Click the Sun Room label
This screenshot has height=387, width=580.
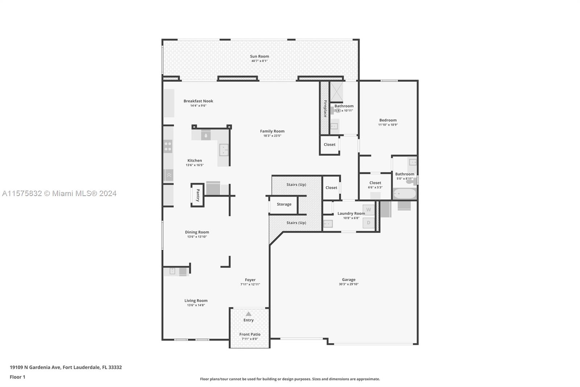pyautogui.click(x=259, y=56)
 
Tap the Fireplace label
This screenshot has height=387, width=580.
pyautogui.click(x=325, y=109)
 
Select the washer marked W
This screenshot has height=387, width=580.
pyautogui.click(x=368, y=209)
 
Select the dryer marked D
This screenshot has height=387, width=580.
pyautogui.click(x=368, y=223)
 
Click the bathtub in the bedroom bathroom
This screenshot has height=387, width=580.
pyautogui.click(x=405, y=193)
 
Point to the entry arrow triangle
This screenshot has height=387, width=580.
pyautogui.click(x=248, y=314)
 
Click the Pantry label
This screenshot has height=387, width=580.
pyautogui.click(x=198, y=195)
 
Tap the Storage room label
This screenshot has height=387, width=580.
pyautogui.click(x=284, y=204)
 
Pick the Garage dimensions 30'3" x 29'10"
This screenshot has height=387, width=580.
pyautogui.click(x=348, y=284)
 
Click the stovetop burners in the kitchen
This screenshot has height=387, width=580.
pyautogui.click(x=168, y=146)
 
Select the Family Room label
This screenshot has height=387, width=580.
pyautogui.click(x=272, y=131)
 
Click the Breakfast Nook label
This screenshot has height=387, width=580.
pyautogui.click(x=198, y=101)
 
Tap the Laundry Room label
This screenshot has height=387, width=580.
pyautogui.click(x=351, y=213)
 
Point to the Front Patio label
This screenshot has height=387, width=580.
pyautogui.click(x=250, y=334)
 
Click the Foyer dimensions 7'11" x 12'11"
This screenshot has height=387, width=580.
pyautogui.click(x=250, y=284)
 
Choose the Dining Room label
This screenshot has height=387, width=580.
pyautogui.click(x=197, y=232)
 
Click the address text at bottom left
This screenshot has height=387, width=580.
pyautogui.click(x=66, y=367)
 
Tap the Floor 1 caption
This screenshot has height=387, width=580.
pyautogui.click(x=17, y=377)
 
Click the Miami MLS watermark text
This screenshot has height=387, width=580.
pyautogui.click(x=59, y=193)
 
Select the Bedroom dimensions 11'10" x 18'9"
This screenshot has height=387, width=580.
pyautogui.click(x=388, y=125)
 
